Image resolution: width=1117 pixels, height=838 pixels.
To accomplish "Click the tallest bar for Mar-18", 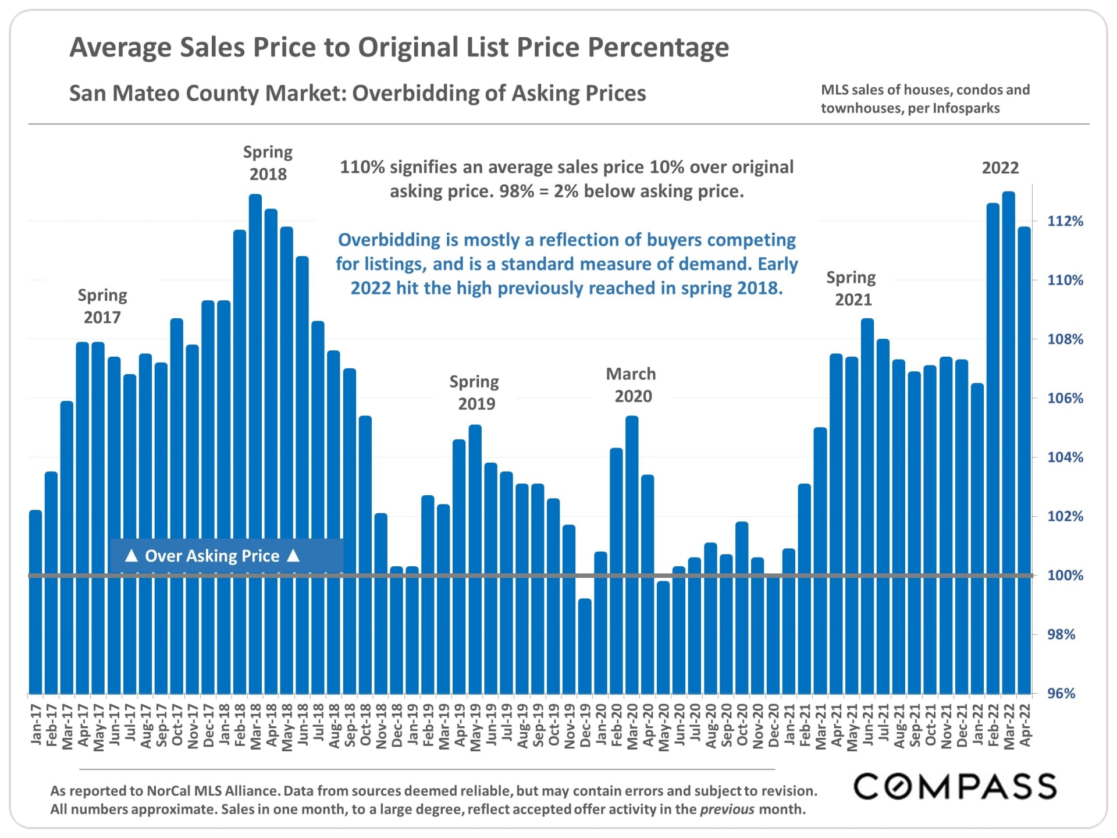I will [x=255, y=407].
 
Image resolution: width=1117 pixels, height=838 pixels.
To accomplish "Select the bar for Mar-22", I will [x=1008, y=407].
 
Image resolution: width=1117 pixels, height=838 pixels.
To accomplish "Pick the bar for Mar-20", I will [x=632, y=524].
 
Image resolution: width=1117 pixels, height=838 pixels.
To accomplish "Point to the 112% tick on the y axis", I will [x=1065, y=221].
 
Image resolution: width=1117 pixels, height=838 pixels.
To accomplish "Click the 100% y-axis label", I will [x=1065, y=576].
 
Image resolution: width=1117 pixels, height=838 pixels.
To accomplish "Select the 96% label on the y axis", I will [x=1061, y=693].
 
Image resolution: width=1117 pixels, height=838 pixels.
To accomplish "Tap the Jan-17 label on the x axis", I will [x=36, y=725].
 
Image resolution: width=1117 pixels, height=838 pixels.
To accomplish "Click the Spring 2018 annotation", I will [x=268, y=163].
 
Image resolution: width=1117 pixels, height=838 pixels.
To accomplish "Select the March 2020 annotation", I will [x=631, y=385].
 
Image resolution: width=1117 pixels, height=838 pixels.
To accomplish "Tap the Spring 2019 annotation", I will [x=475, y=393].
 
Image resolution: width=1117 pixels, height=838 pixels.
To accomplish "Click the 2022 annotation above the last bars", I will [x=1000, y=168].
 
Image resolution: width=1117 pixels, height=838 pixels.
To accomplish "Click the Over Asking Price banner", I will [x=212, y=556].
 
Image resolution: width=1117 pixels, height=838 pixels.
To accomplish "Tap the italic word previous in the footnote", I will [x=727, y=809].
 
